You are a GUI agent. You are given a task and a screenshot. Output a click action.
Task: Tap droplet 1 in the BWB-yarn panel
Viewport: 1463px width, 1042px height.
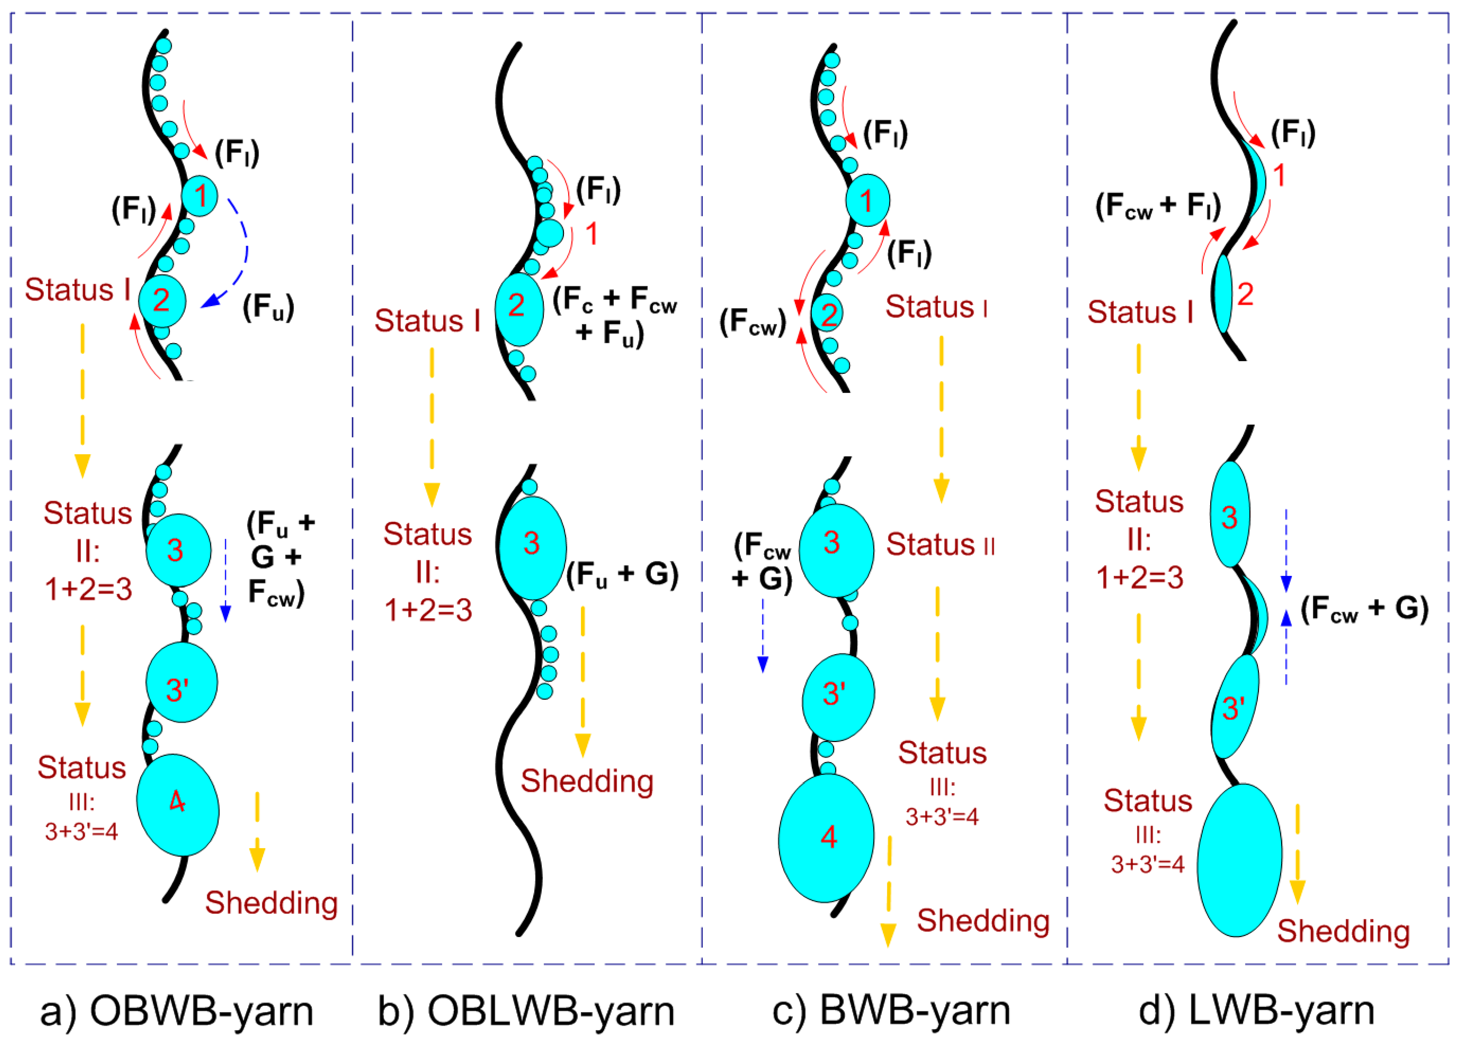[x=867, y=200]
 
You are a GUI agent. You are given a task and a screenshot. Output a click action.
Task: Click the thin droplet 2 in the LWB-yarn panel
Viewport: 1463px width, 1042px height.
[x=1224, y=294]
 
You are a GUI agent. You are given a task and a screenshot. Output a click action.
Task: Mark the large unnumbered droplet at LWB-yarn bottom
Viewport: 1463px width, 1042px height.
[x=1239, y=860]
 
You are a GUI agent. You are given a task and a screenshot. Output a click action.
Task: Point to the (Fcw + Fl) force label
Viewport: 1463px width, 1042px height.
[x=1157, y=206]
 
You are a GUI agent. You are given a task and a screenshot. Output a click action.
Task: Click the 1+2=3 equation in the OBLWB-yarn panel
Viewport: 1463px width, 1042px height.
[x=428, y=609]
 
